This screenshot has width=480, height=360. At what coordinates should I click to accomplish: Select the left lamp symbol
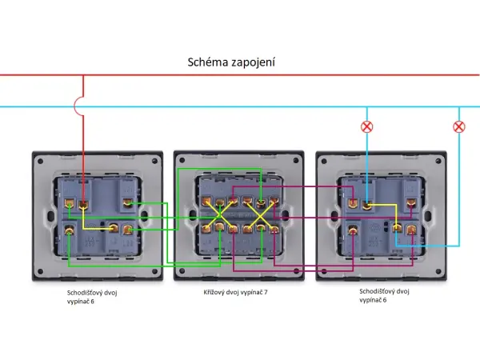(x=367, y=126)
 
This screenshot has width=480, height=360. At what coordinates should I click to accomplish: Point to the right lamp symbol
(x=459, y=126)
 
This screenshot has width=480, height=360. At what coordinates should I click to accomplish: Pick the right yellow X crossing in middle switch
(x=258, y=215)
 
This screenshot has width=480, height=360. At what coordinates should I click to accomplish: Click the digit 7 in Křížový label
(x=266, y=293)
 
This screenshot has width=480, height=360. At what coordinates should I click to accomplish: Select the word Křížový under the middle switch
(x=217, y=293)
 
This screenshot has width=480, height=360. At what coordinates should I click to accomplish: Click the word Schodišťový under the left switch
(x=89, y=293)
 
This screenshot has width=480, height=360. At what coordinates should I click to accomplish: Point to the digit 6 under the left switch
(x=92, y=301)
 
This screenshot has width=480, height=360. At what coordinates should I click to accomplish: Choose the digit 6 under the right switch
(x=384, y=300)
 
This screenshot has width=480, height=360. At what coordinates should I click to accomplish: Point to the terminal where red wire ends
(x=83, y=205)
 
